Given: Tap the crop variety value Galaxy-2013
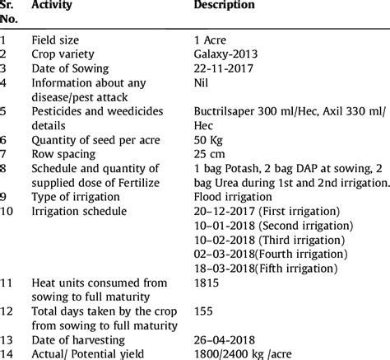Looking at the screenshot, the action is pyautogui.click(x=225, y=54).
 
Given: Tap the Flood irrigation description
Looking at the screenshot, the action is pyautogui.click(x=234, y=197).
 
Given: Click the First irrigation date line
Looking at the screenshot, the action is pyautogui.click(x=253, y=212).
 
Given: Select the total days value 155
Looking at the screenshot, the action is pyautogui.click(x=202, y=312).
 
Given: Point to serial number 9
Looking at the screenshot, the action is pyautogui.click(x=5, y=197).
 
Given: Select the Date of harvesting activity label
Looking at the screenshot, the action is pyautogui.click(x=78, y=340).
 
